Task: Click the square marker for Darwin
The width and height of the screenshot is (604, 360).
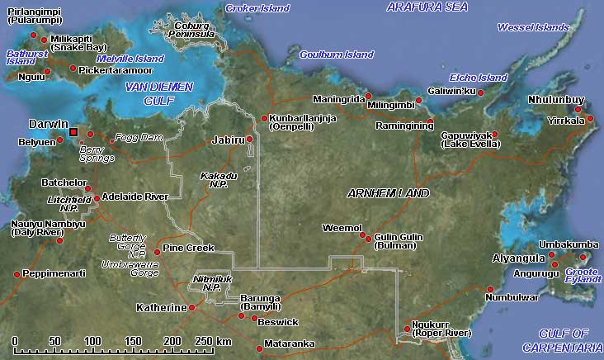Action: tap(74, 132)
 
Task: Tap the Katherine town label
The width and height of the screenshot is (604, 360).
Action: tap(161, 308)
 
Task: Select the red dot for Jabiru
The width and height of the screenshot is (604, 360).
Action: tap(249, 140)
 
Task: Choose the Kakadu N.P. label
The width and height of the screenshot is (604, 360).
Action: tap(219, 180)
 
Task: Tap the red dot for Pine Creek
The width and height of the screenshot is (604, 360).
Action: tap(157, 251)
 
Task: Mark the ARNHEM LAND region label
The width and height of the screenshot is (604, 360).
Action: tap(389, 193)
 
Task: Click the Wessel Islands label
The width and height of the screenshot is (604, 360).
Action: tap(533, 27)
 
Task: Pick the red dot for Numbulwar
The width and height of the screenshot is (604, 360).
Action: tap(488, 288)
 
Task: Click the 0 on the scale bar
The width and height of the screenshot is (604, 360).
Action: tap(16, 341)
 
